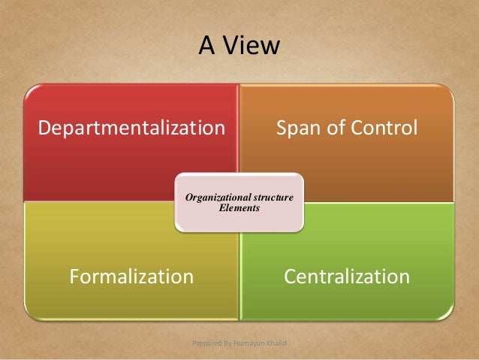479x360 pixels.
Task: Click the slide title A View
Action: pos(239,47)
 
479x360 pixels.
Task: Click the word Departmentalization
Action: pos(131,128)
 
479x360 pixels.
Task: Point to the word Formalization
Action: pos(131,277)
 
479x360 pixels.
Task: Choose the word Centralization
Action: pos(346,277)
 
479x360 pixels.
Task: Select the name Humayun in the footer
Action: pos(251,343)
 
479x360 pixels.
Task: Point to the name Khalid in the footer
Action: pos(279,343)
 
